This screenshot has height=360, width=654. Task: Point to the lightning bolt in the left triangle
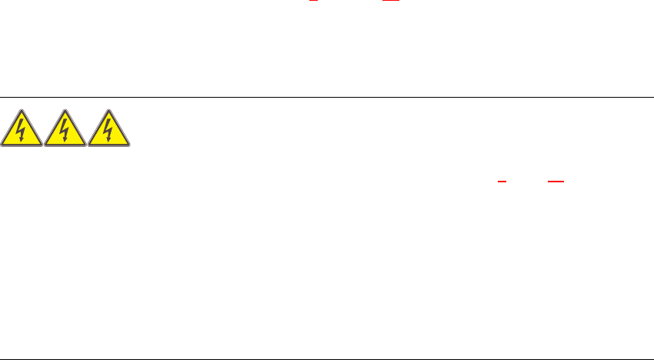pyautogui.click(x=22, y=129)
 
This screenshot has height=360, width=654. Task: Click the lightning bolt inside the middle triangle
pyautogui.click(x=65, y=129)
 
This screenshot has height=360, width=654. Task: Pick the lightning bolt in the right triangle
pyautogui.click(x=109, y=129)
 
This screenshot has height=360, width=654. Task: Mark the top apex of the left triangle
pyautogui.click(x=22, y=110)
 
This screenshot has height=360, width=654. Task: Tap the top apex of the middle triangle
pyautogui.click(x=65, y=110)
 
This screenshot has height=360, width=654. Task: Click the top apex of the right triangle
pyautogui.click(x=109, y=110)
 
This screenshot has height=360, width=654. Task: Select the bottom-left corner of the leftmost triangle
pyautogui.click(x=2, y=145)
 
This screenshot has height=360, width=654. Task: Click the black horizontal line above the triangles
pyautogui.click(x=327, y=98)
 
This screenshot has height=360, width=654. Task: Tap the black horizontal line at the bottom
pyautogui.click(x=327, y=358)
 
